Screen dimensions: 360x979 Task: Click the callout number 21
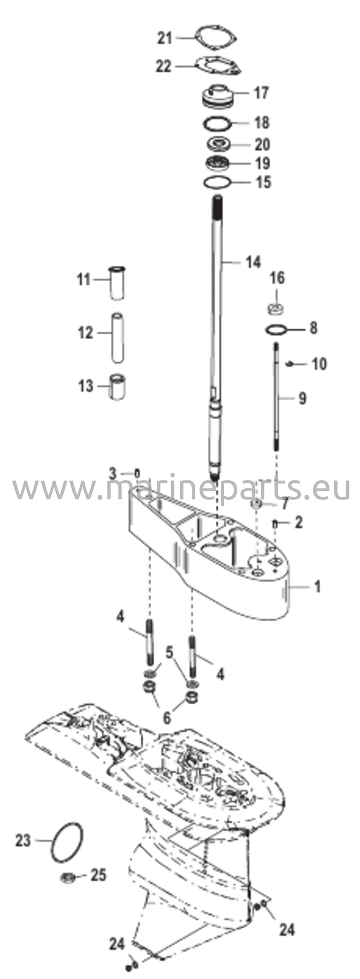[x=165, y=38]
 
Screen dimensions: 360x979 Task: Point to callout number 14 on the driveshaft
[x=253, y=262]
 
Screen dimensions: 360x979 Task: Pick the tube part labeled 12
[x=117, y=337]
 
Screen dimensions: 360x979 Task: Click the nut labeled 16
[x=276, y=308]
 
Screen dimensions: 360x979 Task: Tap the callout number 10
[x=319, y=364]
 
